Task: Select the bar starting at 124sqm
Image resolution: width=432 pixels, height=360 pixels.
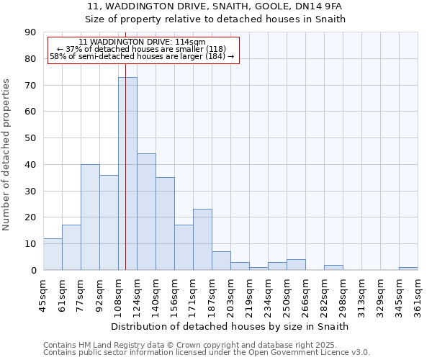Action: coord(146,212)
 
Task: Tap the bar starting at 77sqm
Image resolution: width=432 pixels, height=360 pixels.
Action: coord(90,217)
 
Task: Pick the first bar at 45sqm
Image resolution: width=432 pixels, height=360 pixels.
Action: coord(53,254)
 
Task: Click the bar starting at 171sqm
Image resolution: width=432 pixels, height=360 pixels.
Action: coord(202,240)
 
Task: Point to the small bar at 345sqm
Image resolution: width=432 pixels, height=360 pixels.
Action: coord(408,269)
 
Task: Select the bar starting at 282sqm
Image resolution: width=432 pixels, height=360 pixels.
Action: coord(333,267)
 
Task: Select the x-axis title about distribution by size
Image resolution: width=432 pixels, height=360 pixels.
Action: coord(230,326)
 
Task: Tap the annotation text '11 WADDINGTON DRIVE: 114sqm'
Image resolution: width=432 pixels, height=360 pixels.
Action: coord(142,42)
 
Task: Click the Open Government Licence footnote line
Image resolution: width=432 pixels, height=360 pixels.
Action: coord(207,352)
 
